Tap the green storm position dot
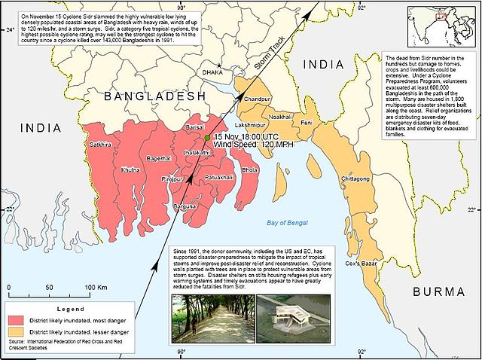click(206, 139)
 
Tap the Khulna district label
click(131, 170)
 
